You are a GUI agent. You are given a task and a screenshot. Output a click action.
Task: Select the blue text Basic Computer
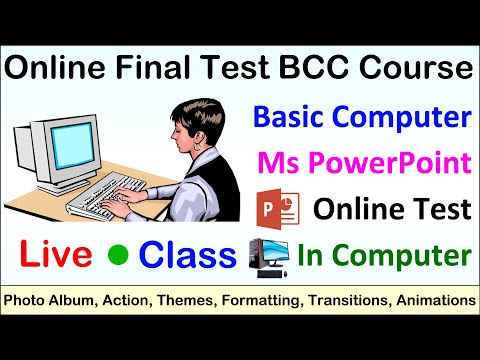362,118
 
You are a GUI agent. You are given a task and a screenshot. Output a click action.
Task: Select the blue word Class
187,255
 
